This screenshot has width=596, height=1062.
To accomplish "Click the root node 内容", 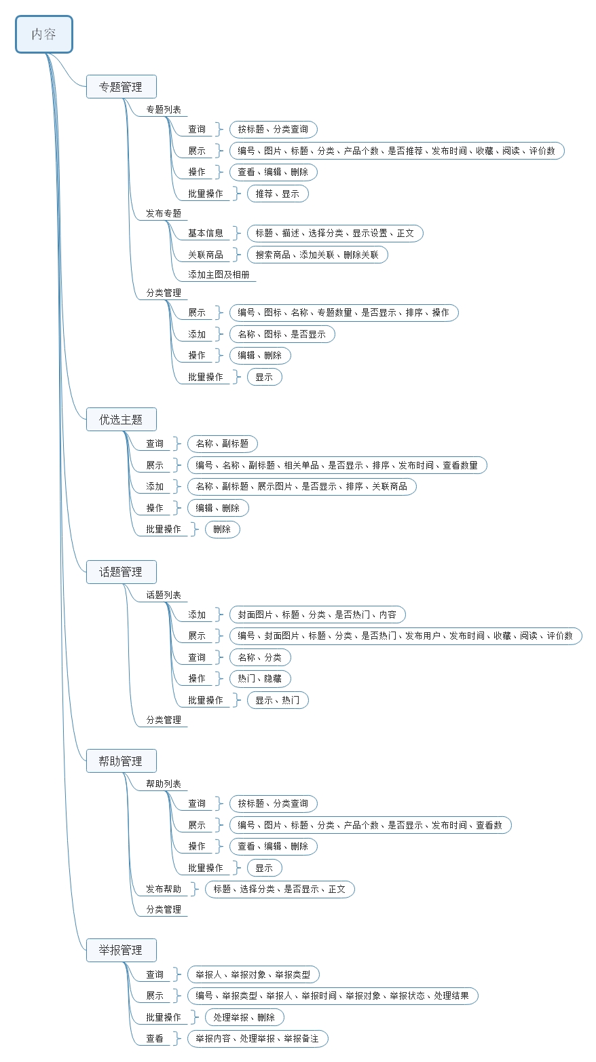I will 44,35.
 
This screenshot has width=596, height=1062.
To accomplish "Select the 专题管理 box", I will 121,87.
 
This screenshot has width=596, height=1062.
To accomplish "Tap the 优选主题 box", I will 121,420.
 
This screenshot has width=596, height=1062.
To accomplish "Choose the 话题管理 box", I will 121,572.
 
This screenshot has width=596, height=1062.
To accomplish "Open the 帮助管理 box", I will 121,761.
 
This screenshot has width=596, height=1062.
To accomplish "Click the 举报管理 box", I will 121,950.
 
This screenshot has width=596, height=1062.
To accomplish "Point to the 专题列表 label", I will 164,109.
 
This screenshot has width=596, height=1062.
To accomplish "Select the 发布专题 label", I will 164,213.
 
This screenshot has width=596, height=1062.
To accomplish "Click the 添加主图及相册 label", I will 219,275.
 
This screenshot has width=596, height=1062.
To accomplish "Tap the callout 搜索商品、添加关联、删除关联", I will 317,255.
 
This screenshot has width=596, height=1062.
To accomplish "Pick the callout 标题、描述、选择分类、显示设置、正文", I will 335,233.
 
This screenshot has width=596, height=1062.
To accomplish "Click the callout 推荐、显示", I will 277,194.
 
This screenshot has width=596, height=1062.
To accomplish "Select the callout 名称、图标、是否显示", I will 282,334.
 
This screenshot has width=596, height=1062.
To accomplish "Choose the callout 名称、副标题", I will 222,443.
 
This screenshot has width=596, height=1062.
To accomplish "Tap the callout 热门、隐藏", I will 259,678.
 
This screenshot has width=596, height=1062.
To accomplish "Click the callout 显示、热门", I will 277,700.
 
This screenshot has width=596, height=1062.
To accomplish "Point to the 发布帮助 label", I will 164,889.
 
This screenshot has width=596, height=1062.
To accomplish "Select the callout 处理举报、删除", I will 244,1017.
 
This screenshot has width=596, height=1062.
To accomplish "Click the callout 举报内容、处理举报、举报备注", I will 257,1038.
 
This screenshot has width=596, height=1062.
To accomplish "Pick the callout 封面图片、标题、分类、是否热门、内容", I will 317,615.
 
